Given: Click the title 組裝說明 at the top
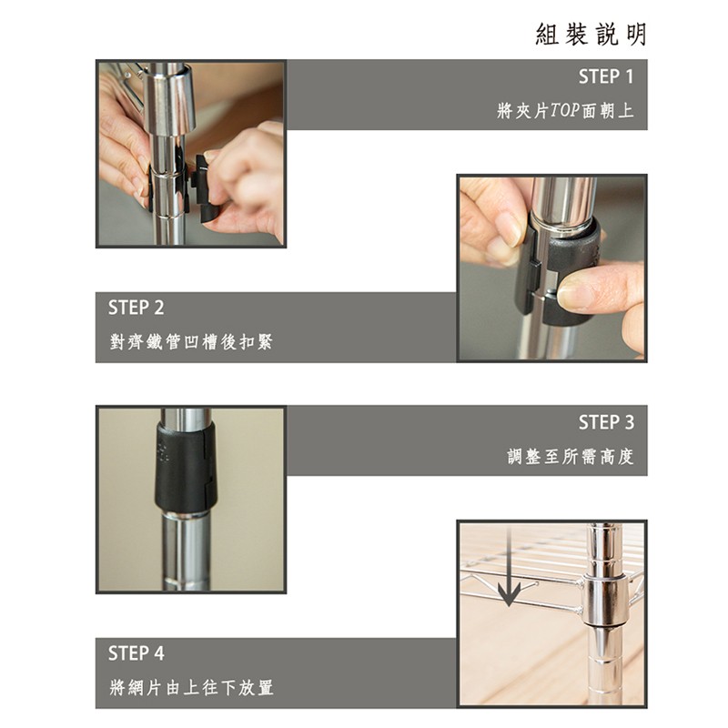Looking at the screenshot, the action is [591, 35].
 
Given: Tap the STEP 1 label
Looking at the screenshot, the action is [606, 76].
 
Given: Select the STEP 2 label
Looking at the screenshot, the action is [136, 308].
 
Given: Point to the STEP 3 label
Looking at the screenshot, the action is [606, 422].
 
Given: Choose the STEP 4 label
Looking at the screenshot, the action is [136, 653].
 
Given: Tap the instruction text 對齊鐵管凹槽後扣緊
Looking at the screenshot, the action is [191, 342].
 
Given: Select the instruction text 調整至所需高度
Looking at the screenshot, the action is [571, 457].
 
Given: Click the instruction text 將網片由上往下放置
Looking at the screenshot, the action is [191, 687].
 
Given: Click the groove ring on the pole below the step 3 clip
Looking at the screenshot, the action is [185, 581].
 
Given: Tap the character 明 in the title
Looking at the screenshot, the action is [636, 35].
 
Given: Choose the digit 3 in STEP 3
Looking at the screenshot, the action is [629, 422].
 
